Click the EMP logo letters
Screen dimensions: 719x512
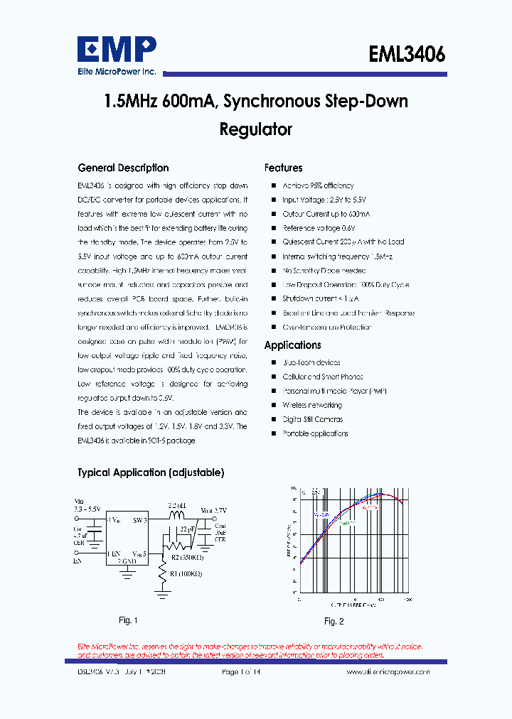pos(117,50)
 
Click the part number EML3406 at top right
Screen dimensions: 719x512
pos(407,55)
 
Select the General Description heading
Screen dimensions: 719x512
pos(123,168)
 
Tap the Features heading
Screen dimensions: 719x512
pos(283,168)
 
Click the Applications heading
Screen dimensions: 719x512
pos(292,345)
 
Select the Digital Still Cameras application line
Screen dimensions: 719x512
pos(312,419)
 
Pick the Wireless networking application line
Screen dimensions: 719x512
pos(311,405)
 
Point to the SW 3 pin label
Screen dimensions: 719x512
pos(139,521)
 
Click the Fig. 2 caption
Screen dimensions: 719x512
pos(334,622)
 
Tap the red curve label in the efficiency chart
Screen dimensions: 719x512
pos(368,508)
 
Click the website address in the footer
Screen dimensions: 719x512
pos(388,671)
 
